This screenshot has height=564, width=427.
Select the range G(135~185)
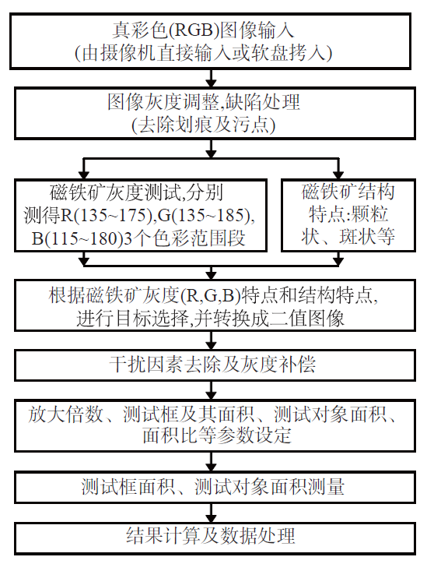(x=205, y=215)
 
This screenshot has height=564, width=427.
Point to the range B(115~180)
(x=76, y=238)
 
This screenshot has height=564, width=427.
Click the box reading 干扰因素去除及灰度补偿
(x=215, y=365)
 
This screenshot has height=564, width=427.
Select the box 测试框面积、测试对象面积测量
(x=215, y=487)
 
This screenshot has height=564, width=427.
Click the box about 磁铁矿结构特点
(x=348, y=215)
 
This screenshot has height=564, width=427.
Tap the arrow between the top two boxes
(x=211, y=78)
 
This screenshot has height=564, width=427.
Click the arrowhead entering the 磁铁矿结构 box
(x=338, y=174)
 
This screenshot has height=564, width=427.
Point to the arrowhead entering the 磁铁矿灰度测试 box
(x=84, y=174)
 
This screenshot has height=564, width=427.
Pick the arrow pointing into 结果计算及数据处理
(x=211, y=513)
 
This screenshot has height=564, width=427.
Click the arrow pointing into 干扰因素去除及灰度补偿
(x=211, y=340)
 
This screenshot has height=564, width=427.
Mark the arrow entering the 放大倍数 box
(x=211, y=390)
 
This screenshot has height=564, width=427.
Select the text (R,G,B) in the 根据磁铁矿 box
(x=211, y=296)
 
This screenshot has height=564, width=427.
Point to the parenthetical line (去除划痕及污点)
(x=204, y=125)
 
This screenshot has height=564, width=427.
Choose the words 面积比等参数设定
(x=216, y=435)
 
